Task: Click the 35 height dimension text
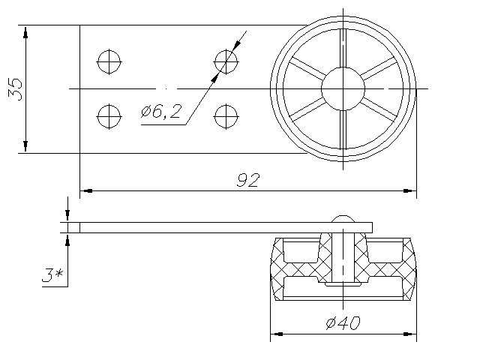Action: click(x=15, y=89)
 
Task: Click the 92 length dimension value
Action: click(x=248, y=180)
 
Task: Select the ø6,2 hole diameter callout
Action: click(x=161, y=111)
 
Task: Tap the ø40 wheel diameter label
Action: click(x=343, y=322)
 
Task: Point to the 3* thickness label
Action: click(x=52, y=275)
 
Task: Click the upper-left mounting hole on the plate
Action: click(x=109, y=61)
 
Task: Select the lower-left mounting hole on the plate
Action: click(x=109, y=116)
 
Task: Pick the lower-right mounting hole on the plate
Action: click(x=226, y=116)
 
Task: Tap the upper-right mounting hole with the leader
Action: click(x=226, y=61)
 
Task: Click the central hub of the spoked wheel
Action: click(x=343, y=88)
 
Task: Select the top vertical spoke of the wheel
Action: click(x=343, y=48)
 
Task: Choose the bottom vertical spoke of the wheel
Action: click(x=343, y=130)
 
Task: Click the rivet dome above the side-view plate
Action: click(x=343, y=218)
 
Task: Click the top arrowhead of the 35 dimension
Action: click(x=25, y=31)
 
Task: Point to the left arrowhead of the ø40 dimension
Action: click(x=277, y=334)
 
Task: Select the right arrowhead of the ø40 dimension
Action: click(x=410, y=334)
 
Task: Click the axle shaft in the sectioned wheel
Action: click(x=343, y=257)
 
